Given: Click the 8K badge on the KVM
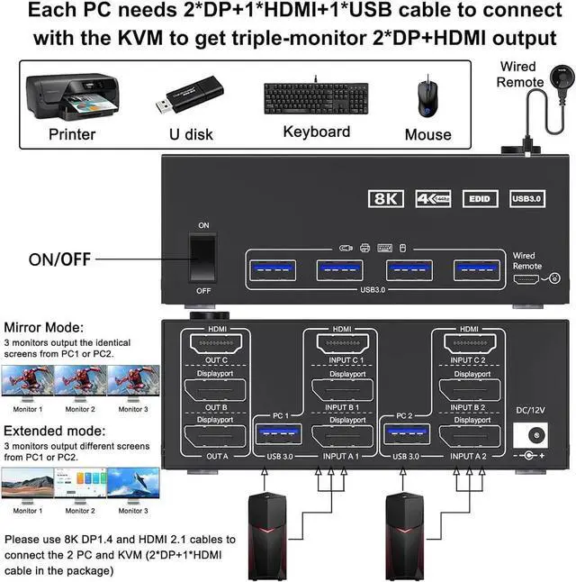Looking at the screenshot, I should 388,198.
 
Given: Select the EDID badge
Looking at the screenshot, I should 477,198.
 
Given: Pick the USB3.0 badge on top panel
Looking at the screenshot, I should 526,198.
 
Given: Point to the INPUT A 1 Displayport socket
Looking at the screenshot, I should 341,441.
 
